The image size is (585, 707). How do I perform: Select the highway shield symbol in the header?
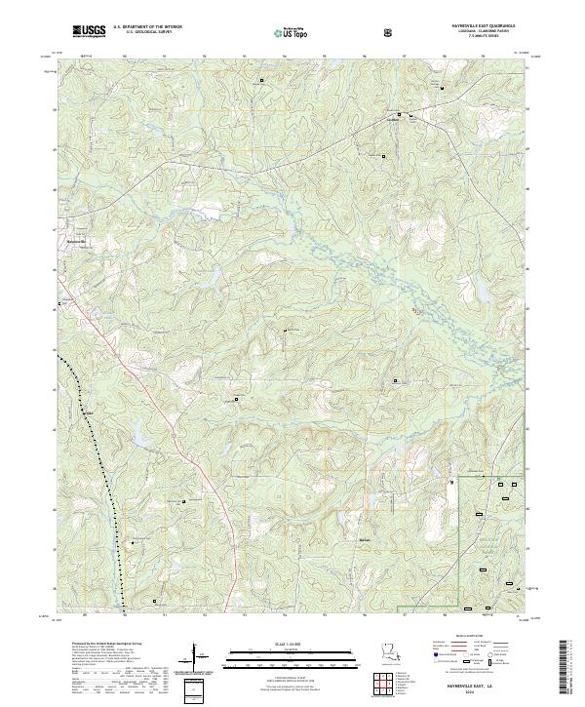tap(388, 32)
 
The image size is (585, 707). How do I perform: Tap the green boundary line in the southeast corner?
tap(459, 527)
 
